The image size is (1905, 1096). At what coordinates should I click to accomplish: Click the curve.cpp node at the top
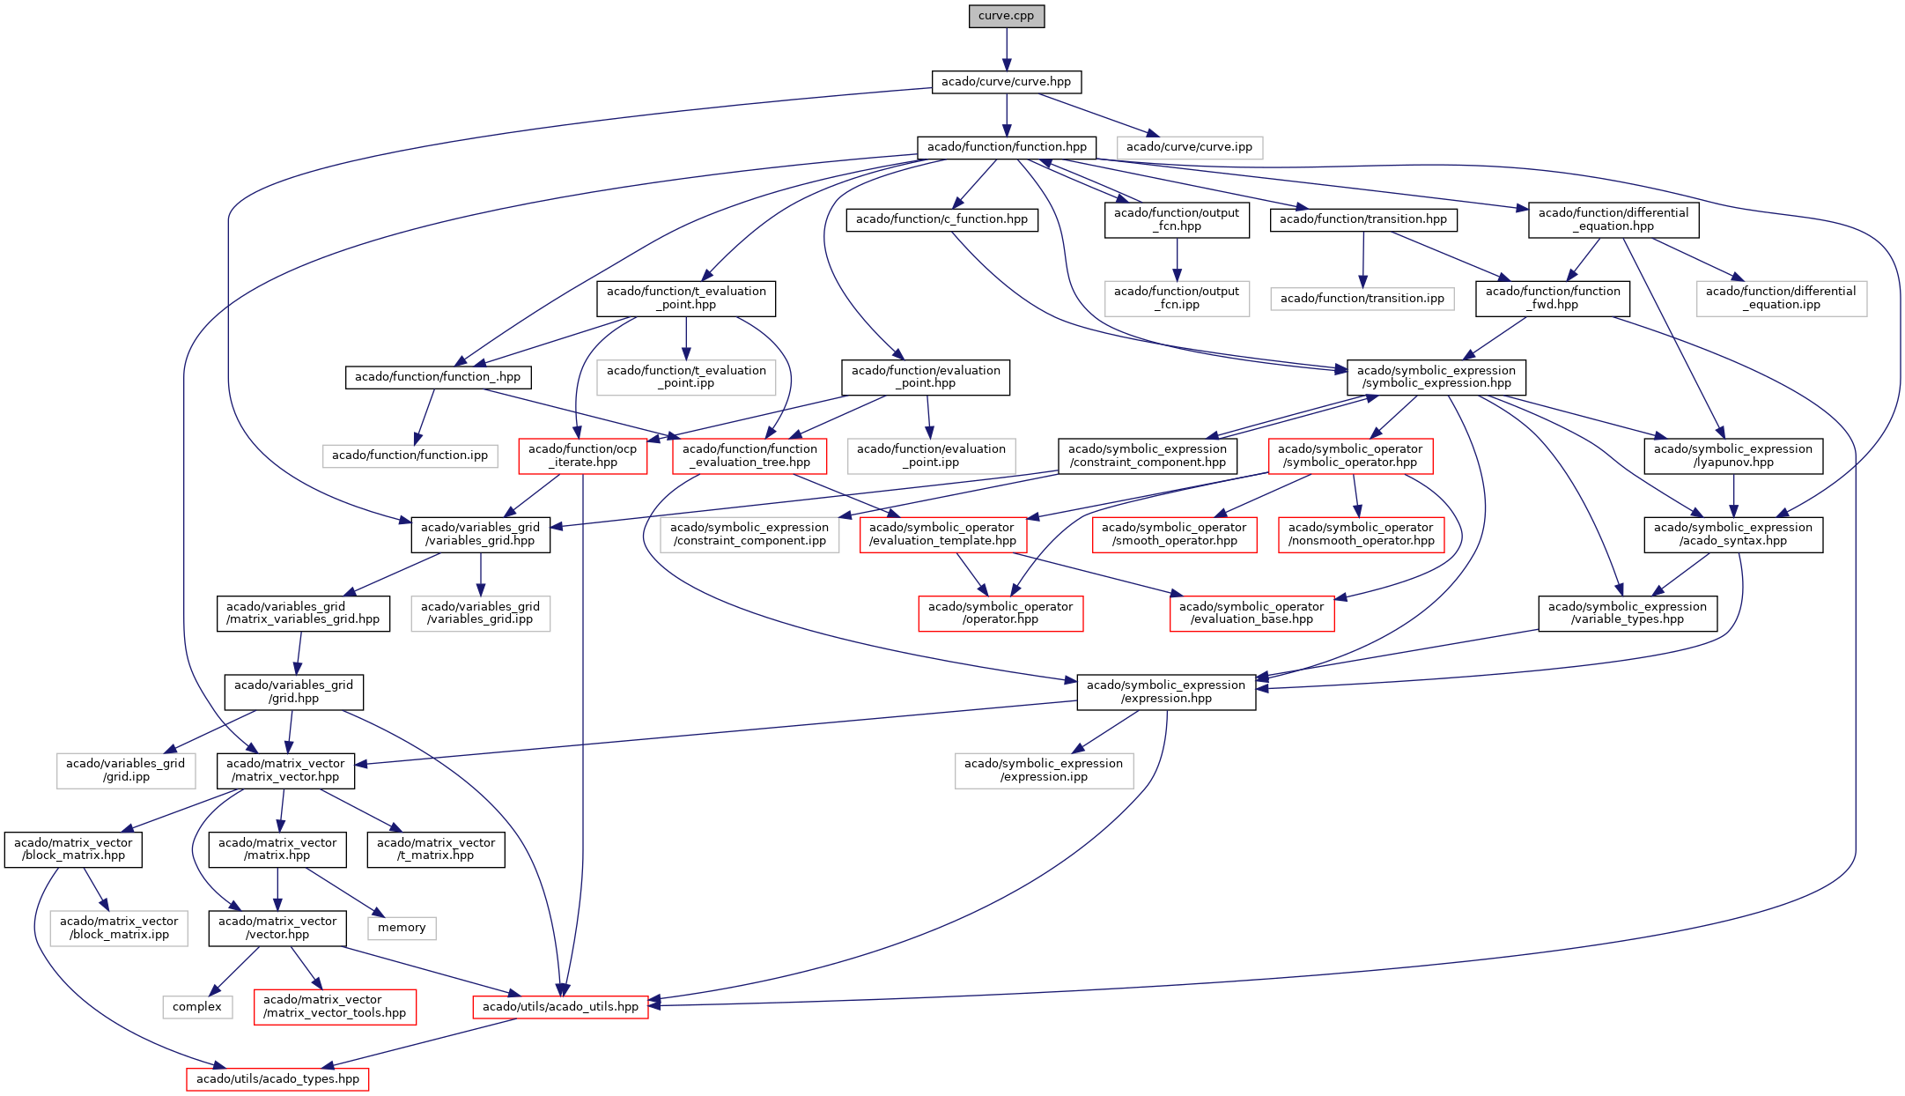point(1006,16)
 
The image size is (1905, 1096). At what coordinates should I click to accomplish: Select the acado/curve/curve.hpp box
point(1006,82)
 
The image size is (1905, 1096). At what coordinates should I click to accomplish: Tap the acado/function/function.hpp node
point(1006,147)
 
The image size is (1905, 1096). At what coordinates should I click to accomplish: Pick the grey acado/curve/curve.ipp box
point(1189,147)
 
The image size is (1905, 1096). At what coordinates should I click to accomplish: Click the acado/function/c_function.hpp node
point(941,219)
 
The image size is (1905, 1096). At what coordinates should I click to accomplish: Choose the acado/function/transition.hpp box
point(1362,219)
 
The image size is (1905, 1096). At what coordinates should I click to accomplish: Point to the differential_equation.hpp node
point(1613,219)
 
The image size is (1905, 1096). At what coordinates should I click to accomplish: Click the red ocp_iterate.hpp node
point(582,455)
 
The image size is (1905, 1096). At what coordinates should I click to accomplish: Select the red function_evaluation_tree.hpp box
point(749,455)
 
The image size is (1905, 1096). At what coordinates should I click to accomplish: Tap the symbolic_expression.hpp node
point(1436,377)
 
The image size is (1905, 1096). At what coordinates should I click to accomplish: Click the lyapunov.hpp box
point(1732,455)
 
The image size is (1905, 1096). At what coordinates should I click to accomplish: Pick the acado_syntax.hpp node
point(1732,534)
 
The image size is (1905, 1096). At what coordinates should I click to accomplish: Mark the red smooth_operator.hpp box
point(1173,534)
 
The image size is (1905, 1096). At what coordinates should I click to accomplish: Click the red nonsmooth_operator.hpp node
point(1361,534)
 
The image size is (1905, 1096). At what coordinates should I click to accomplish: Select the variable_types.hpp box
point(1627,613)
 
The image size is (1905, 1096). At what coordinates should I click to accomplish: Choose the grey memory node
point(402,928)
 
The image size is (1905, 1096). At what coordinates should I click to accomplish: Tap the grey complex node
point(197,1007)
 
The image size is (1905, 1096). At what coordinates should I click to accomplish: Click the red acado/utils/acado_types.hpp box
point(277,1079)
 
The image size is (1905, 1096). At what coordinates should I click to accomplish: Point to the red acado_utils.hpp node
point(560,1007)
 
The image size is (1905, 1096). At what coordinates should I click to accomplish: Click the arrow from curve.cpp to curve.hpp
point(1006,49)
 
